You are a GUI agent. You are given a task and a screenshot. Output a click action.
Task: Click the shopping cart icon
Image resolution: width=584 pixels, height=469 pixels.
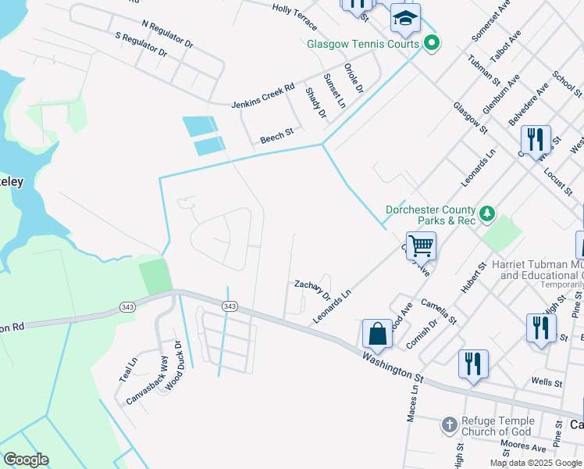tap(421, 245)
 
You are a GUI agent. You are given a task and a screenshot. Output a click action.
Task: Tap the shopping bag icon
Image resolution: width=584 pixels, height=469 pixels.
tap(378, 333)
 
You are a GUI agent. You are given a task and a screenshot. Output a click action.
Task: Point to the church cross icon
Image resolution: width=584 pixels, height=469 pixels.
tap(449, 425)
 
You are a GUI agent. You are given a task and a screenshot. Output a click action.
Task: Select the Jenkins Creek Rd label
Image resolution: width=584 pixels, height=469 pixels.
tap(263, 95)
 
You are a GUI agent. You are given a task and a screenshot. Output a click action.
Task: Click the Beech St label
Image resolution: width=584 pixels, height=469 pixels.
tap(276, 137)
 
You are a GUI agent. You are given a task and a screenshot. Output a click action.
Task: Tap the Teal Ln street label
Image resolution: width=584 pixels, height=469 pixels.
tap(128, 369)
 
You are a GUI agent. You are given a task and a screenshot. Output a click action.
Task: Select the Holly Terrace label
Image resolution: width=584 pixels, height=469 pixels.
tap(294, 9)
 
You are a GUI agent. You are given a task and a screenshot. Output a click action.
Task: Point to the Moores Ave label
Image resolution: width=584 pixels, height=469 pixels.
tap(524, 446)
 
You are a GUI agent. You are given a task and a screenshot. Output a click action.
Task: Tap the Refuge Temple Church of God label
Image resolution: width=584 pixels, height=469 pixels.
tap(497, 426)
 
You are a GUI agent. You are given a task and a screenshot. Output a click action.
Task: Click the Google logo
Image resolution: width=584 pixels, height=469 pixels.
tap(26, 459)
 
